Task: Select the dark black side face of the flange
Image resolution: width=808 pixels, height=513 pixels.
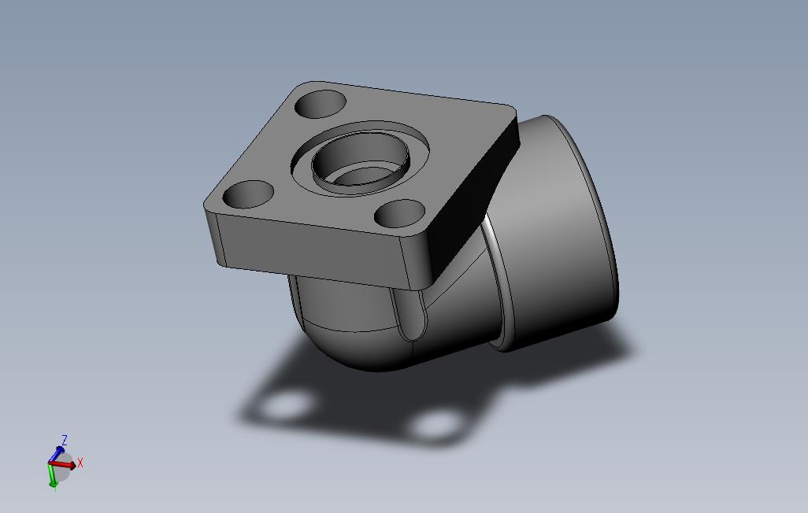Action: click(x=473, y=197)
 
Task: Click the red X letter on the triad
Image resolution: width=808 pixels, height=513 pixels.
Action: click(x=80, y=463)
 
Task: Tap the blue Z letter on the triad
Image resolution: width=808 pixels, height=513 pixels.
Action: click(x=65, y=440)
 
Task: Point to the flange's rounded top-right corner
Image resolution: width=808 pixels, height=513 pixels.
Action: click(x=508, y=110)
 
